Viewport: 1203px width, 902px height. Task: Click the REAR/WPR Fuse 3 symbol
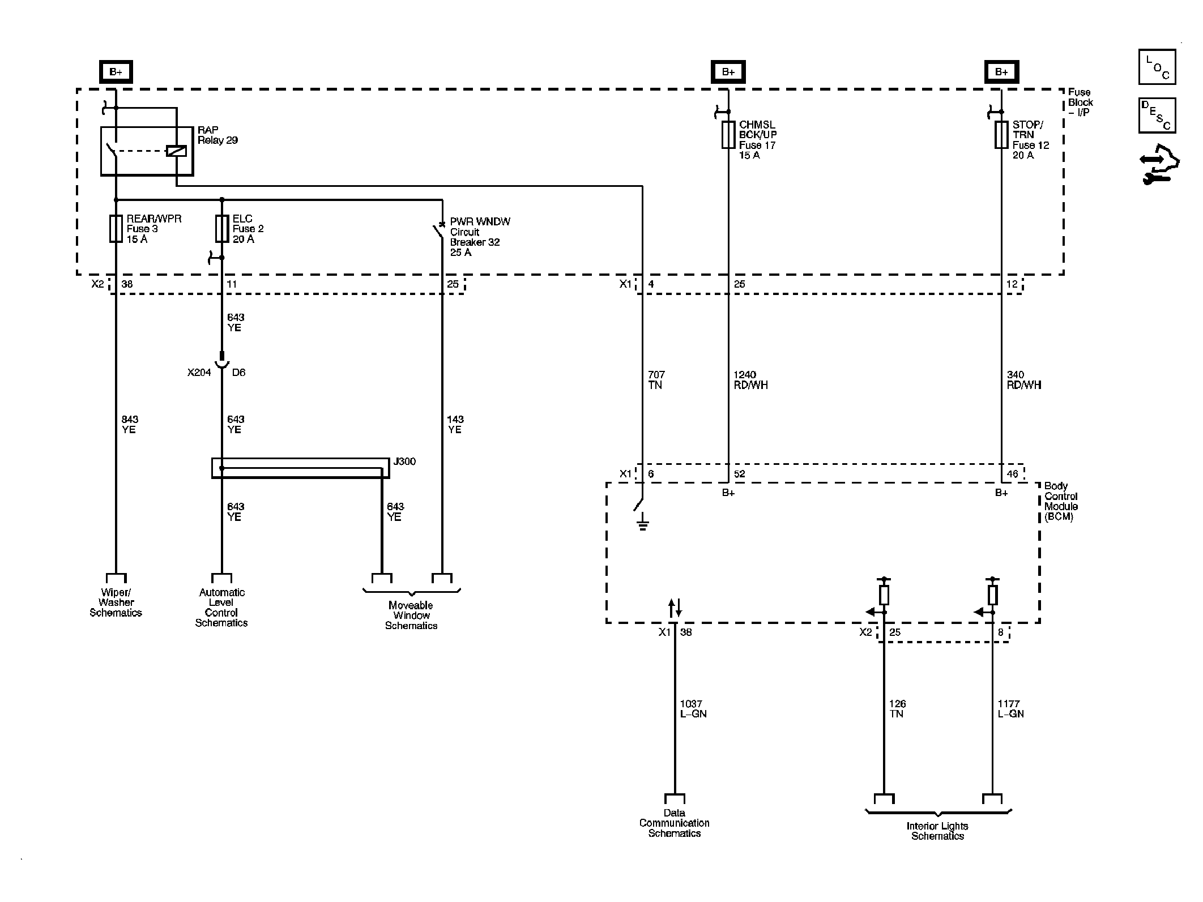tap(116, 229)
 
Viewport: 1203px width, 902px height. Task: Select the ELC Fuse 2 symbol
tap(222, 229)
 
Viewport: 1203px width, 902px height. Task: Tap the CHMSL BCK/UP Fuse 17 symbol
tap(728, 135)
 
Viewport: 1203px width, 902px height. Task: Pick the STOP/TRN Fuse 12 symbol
tap(1001, 135)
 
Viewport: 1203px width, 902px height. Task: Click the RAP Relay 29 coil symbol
tap(177, 151)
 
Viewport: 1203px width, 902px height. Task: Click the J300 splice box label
tap(404, 461)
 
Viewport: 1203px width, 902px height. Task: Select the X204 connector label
tap(199, 373)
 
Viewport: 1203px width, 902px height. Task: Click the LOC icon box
tap(1157, 67)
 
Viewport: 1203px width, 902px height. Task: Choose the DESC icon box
tap(1157, 116)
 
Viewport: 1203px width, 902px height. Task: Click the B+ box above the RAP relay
tap(116, 72)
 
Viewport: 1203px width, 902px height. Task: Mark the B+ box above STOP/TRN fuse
tap(1001, 72)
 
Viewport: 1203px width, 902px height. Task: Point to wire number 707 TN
tap(656, 380)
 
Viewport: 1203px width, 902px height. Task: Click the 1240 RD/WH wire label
tap(750, 380)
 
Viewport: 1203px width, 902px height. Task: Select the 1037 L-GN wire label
tap(693, 709)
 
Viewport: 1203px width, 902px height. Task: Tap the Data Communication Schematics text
tap(674, 823)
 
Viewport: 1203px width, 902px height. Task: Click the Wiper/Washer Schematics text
tap(116, 602)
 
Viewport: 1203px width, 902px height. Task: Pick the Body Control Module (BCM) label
tap(1061, 502)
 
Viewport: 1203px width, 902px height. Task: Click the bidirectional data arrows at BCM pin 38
tap(675, 608)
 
